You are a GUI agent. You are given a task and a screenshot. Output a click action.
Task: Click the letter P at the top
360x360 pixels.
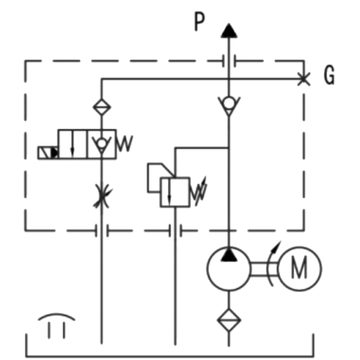(199, 22)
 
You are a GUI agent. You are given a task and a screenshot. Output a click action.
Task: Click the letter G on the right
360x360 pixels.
(329, 75)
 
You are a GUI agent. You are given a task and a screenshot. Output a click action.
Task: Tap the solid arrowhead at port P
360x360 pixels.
(229, 30)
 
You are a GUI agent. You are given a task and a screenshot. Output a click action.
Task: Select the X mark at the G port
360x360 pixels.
(304, 79)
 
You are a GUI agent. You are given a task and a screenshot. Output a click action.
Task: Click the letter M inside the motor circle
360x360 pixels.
(299, 268)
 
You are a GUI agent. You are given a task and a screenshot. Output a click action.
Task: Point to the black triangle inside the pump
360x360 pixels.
(229, 254)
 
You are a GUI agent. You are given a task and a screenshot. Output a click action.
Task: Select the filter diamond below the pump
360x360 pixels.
(229, 320)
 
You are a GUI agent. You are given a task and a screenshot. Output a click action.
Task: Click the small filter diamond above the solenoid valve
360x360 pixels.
(102, 107)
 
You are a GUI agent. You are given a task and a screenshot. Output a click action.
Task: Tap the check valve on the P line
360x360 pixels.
(229, 106)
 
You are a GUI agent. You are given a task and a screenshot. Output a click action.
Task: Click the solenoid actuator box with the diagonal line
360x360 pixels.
(48, 153)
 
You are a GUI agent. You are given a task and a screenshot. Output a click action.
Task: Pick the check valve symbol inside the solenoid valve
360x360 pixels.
(102, 145)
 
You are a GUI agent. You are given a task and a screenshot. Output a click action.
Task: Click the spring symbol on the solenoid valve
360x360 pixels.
(125, 144)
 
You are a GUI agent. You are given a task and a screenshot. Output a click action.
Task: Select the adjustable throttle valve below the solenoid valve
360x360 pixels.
(102, 197)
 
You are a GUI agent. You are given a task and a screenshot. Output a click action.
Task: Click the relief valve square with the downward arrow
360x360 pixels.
(175, 192)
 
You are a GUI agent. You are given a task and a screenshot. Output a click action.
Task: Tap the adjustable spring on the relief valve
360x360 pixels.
(198, 191)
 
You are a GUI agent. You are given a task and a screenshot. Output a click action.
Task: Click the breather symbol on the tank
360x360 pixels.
(57, 326)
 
